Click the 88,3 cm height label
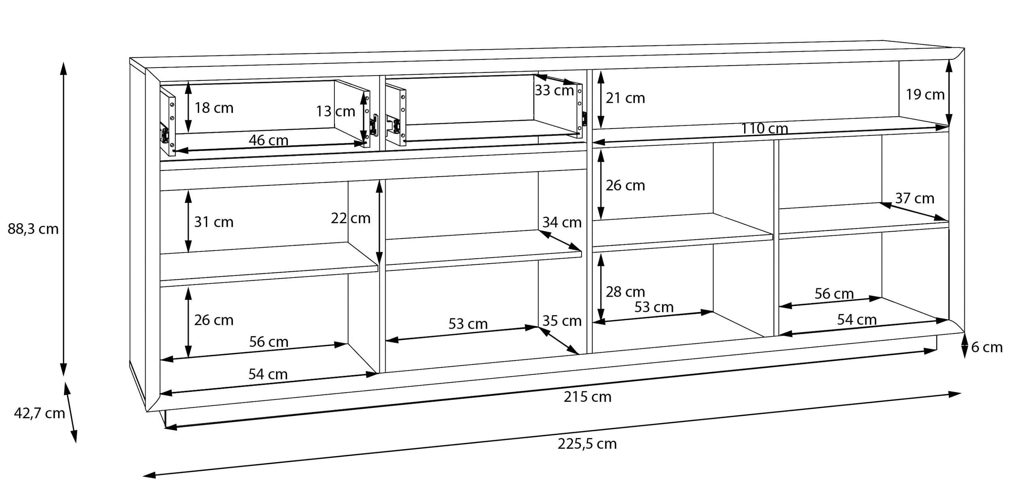pyautogui.click(x=33, y=229)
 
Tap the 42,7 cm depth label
pyautogui.click(x=39, y=413)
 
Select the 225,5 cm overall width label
pyautogui.click(x=587, y=444)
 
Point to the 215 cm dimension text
pyautogui.click(x=587, y=397)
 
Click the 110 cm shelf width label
pyautogui.click(x=764, y=129)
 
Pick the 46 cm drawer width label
pyautogui.click(x=268, y=140)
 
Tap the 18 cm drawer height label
pyautogui.click(x=214, y=108)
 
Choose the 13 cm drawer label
pyautogui.click(x=335, y=111)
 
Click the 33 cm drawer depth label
pyautogui.click(x=554, y=91)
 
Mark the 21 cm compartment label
pyautogui.click(x=625, y=98)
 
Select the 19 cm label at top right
pyautogui.click(x=925, y=95)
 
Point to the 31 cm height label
pyautogui.click(x=214, y=222)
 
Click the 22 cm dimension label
pyautogui.click(x=351, y=218)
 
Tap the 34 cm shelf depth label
pyautogui.click(x=562, y=222)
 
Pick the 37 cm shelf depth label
pyautogui.click(x=914, y=198)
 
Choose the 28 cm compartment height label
pyautogui.click(x=625, y=292)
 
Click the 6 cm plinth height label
pyautogui.click(x=987, y=347)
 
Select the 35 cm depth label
pyautogui.click(x=562, y=321)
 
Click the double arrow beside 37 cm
pyautogui.click(x=914, y=212)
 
